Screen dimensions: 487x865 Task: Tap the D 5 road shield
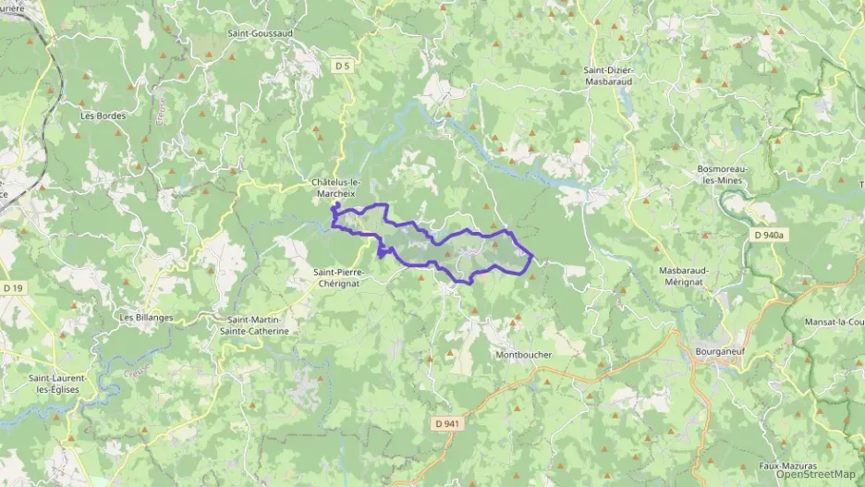click(x=343, y=65)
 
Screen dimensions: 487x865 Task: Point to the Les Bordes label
click(x=103, y=116)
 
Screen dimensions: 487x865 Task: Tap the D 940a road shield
click(x=766, y=236)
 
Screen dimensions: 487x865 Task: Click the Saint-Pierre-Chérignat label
click(x=340, y=278)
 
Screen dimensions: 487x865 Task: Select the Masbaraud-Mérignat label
click(x=688, y=275)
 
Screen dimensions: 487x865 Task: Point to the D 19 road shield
click(x=13, y=288)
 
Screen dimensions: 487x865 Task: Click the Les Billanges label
click(x=146, y=317)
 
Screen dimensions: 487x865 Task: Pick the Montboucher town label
click(x=524, y=355)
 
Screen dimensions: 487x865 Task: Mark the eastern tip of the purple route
click(x=533, y=256)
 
